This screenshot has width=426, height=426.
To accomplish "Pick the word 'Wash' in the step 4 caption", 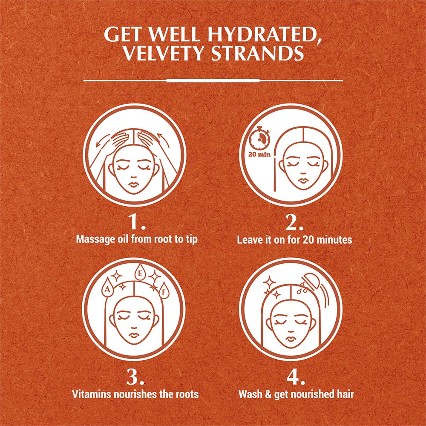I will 250,394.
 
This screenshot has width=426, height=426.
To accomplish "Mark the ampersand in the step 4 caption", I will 269,394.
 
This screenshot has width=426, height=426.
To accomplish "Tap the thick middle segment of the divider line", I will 213,80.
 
